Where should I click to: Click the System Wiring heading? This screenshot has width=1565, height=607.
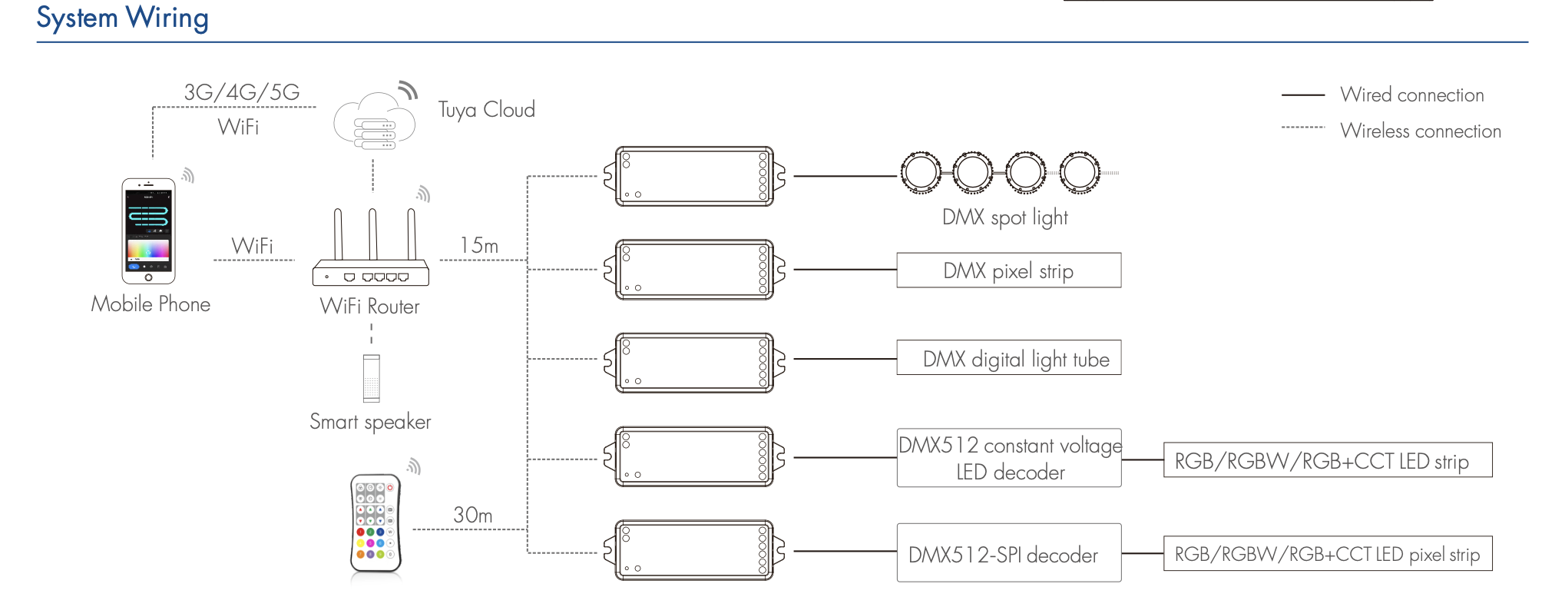coord(123,18)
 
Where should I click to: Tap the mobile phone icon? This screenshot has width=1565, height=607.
coord(148,231)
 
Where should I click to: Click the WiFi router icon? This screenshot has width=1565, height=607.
coord(371,250)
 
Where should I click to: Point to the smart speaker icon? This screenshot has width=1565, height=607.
coord(372,378)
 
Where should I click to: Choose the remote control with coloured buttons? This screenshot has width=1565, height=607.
coord(376,523)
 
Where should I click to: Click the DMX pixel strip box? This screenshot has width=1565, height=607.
coord(1008,270)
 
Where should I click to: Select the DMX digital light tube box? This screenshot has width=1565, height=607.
coord(1008,358)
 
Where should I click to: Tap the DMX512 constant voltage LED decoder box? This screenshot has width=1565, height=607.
coord(1008,458)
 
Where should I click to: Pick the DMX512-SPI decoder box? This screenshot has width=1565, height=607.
coord(1008,553)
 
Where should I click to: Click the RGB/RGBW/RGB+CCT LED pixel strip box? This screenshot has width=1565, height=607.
coord(1327,554)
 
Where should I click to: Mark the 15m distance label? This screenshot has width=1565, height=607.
coord(479,246)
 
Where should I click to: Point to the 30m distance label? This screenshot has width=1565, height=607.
coord(472,515)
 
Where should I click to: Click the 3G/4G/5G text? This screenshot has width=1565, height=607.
coord(242,92)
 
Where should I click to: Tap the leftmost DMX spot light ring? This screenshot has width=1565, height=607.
coord(920,172)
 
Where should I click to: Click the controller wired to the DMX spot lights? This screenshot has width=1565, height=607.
coord(694,177)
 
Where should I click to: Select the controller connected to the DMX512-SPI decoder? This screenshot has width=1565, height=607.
coord(694,550)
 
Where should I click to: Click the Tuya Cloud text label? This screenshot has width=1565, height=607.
coord(486,110)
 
